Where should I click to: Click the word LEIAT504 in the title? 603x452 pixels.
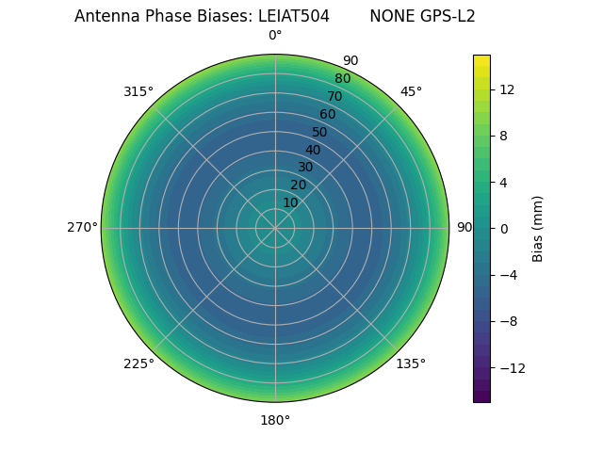tap(294, 16)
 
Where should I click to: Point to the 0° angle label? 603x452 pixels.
tap(275, 36)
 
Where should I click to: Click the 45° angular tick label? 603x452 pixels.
tap(411, 91)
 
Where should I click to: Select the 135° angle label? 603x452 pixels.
tap(411, 363)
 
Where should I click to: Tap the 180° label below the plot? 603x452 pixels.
tap(275, 420)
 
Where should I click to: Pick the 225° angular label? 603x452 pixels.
tap(139, 363)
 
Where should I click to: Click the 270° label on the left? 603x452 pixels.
tap(82, 228)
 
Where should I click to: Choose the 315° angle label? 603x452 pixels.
tap(139, 91)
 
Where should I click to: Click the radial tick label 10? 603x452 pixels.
tap(290, 202)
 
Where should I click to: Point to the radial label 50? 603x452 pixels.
tap(319, 132)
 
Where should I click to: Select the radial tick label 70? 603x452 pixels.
tap(334, 97)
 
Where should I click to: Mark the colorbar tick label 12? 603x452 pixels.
tap(506, 89)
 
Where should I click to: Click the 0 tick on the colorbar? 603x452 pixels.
tap(503, 228)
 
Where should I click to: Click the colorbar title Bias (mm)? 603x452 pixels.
tap(538, 228)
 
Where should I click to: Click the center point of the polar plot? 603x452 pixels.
tap(275, 228)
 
